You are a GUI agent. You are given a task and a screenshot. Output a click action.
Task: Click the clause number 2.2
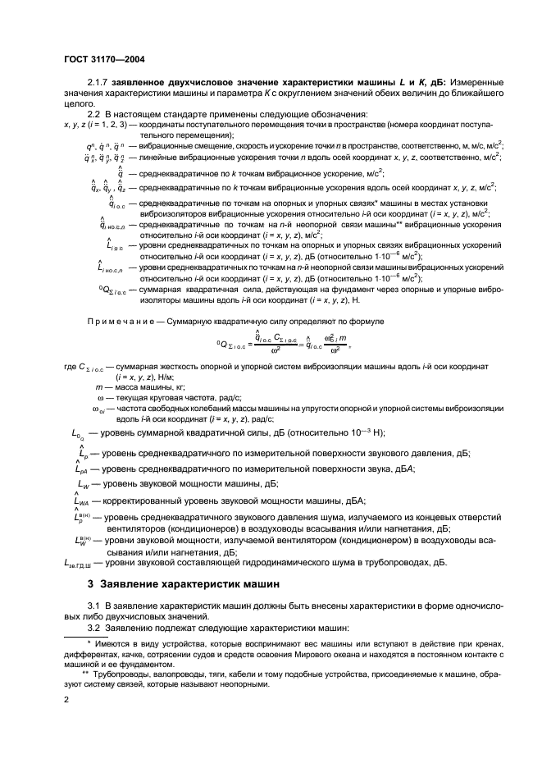click(94, 113)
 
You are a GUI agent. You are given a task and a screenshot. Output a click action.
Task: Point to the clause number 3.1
click(94, 605)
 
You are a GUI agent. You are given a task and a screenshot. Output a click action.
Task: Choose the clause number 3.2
click(94, 628)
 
